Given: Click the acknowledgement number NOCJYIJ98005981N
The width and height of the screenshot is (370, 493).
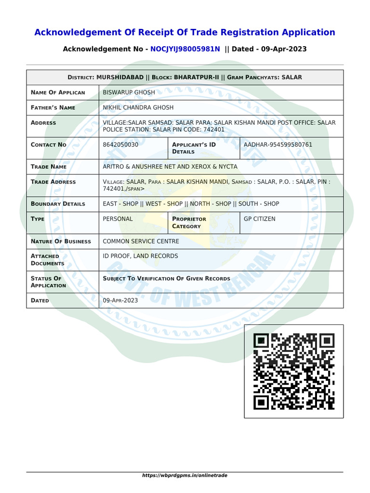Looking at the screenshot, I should tap(185, 49).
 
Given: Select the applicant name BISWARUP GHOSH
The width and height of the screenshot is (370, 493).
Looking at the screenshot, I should tap(129, 92).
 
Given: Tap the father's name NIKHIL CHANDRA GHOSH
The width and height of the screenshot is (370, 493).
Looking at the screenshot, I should tap(138, 107).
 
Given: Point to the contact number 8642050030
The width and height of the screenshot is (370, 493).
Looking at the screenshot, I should tap(121, 144).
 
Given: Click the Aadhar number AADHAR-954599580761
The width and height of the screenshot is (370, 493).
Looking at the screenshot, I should tap(278, 144).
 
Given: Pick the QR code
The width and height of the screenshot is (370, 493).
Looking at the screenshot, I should tap(294, 371).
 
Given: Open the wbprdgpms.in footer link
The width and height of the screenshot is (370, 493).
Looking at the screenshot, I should tap(185, 475).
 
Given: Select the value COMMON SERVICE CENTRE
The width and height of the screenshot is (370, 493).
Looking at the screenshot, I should tap(141, 241).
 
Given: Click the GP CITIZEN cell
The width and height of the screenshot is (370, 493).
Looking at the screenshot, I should tap(260, 219).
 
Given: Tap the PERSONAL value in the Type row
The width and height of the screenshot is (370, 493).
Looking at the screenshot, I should tap(118, 219).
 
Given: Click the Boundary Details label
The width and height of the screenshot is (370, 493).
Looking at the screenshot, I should tap(58, 204).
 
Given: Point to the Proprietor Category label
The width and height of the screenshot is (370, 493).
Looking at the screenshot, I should tap(189, 222).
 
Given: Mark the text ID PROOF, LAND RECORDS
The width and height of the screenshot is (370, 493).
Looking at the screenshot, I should tap(141, 256).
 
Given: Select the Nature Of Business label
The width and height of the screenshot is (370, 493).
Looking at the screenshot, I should tap(61, 241).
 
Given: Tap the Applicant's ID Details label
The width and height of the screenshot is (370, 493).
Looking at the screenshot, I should tap(194, 148).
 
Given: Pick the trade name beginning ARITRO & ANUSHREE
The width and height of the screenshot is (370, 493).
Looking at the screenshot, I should tap(170, 167).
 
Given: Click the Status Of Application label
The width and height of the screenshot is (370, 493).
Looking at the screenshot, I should tap(48, 282).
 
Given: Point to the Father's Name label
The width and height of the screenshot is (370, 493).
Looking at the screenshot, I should tap(53, 107).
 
